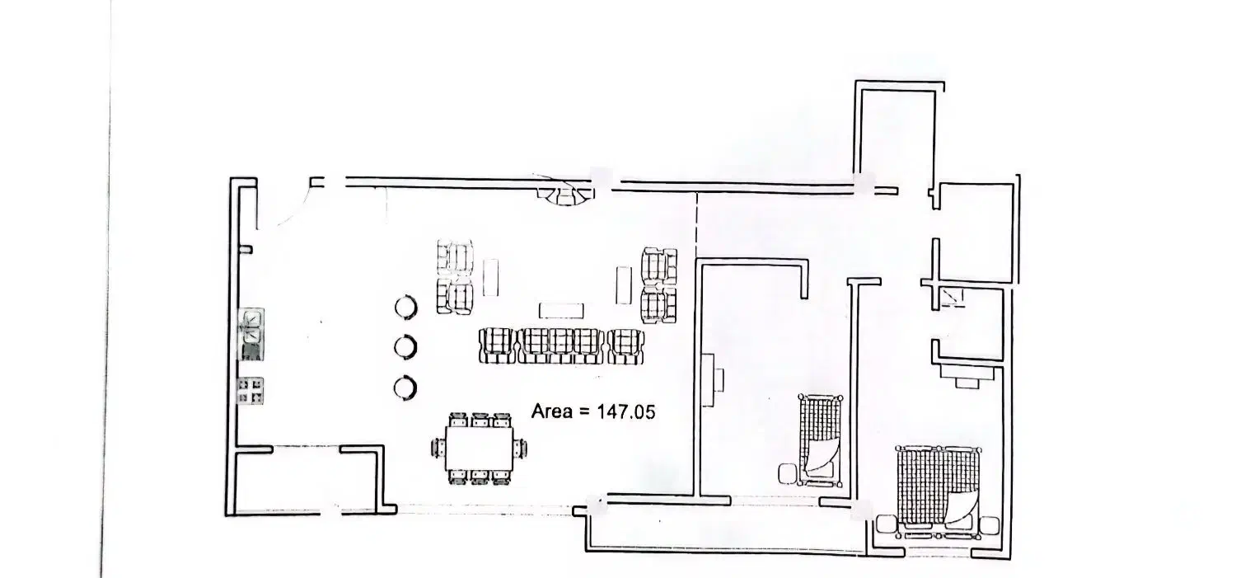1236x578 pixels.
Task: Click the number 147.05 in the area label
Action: tap(626, 412)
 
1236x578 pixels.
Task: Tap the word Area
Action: tap(552, 411)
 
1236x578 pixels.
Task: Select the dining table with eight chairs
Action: tap(479, 449)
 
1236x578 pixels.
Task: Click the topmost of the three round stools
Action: tap(405, 308)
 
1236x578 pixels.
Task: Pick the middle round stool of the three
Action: tap(405, 346)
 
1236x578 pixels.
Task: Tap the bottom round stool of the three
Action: tap(405, 388)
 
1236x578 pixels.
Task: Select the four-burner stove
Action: tap(250, 390)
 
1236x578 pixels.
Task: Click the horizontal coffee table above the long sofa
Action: tap(561, 310)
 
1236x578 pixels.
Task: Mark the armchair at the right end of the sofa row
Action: tap(625, 346)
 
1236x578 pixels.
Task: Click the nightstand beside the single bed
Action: tap(788, 473)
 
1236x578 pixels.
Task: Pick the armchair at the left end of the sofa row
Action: tap(497, 345)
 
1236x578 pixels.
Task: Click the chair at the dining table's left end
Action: tap(438, 448)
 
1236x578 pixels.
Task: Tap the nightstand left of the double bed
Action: tap(886, 524)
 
